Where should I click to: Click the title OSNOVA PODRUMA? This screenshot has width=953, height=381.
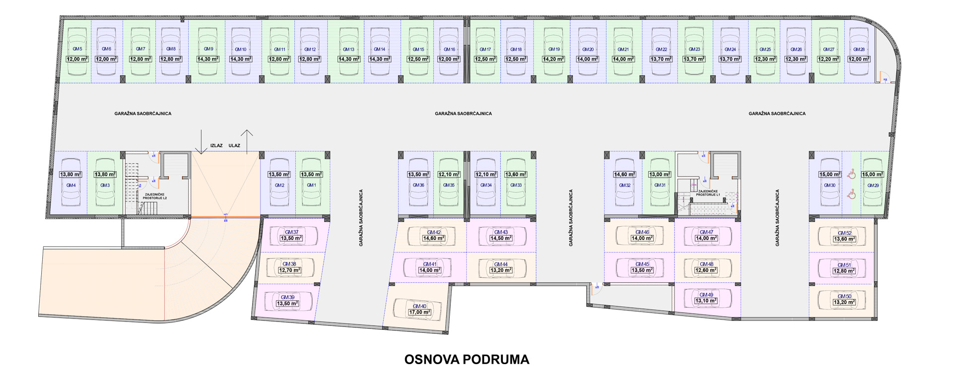pyautogui.click(x=467, y=360)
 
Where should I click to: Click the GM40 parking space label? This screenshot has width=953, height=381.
pyautogui.click(x=419, y=306)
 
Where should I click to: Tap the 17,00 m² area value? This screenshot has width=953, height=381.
pyautogui.click(x=419, y=313)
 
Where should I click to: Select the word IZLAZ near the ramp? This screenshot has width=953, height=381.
pyautogui.click(x=216, y=146)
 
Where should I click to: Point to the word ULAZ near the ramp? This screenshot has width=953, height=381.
pyautogui.click(x=234, y=146)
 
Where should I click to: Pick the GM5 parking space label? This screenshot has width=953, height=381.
pyautogui.click(x=77, y=49)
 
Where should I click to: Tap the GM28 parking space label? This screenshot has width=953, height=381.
pyautogui.click(x=859, y=50)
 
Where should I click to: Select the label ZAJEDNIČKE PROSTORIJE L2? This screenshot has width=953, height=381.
pyautogui.click(x=155, y=196)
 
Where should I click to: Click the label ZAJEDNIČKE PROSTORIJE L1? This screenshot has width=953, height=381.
pyautogui.click(x=708, y=193)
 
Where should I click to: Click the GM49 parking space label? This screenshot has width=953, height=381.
pyautogui.click(x=706, y=295)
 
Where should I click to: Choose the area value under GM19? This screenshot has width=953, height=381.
pyautogui.click(x=553, y=59)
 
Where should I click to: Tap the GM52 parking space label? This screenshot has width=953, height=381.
pyautogui.click(x=844, y=233)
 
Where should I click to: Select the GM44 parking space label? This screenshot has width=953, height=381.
pyautogui.click(x=501, y=264)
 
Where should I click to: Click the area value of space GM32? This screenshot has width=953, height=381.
pyautogui.click(x=624, y=175)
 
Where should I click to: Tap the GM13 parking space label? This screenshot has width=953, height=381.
pyautogui.click(x=348, y=50)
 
